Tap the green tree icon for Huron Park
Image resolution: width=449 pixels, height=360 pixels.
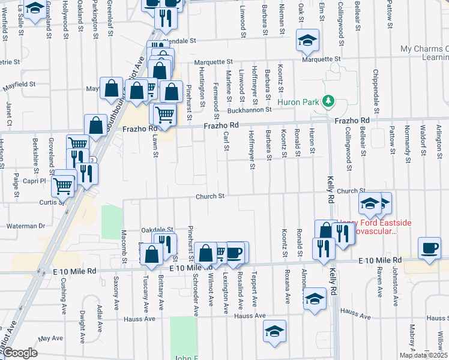[x=328, y=101]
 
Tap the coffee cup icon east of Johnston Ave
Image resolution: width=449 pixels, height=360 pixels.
[x=429, y=248]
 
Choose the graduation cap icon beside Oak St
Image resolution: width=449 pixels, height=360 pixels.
[x=308, y=40]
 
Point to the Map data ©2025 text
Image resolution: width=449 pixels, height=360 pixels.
[x=423, y=355]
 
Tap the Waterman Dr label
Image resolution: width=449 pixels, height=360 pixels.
[x=25, y=226]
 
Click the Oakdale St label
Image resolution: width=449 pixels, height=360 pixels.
[x=157, y=230]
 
